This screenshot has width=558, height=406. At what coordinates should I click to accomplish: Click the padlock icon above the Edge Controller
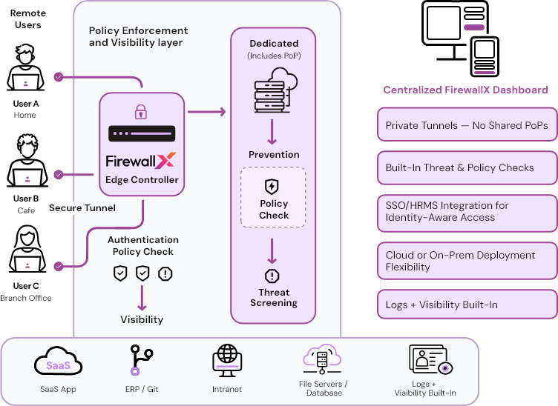(140, 112)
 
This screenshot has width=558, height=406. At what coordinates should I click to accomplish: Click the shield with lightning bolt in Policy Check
(272, 186)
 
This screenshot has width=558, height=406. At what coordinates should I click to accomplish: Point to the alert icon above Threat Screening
(272, 276)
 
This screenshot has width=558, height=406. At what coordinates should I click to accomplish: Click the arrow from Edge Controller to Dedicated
(206, 112)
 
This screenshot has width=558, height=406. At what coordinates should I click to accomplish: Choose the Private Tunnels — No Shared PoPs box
(467, 125)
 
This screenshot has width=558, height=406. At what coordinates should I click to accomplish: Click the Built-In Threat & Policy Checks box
(467, 167)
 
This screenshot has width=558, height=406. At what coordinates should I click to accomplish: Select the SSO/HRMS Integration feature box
(467, 211)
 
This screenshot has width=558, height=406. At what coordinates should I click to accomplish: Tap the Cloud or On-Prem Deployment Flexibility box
(467, 261)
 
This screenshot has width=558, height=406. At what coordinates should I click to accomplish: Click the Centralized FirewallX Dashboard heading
(465, 90)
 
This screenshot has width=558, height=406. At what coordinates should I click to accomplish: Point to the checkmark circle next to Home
(58, 76)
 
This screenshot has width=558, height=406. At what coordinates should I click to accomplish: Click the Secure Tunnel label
(82, 208)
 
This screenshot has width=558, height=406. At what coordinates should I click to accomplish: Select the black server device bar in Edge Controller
(141, 134)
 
